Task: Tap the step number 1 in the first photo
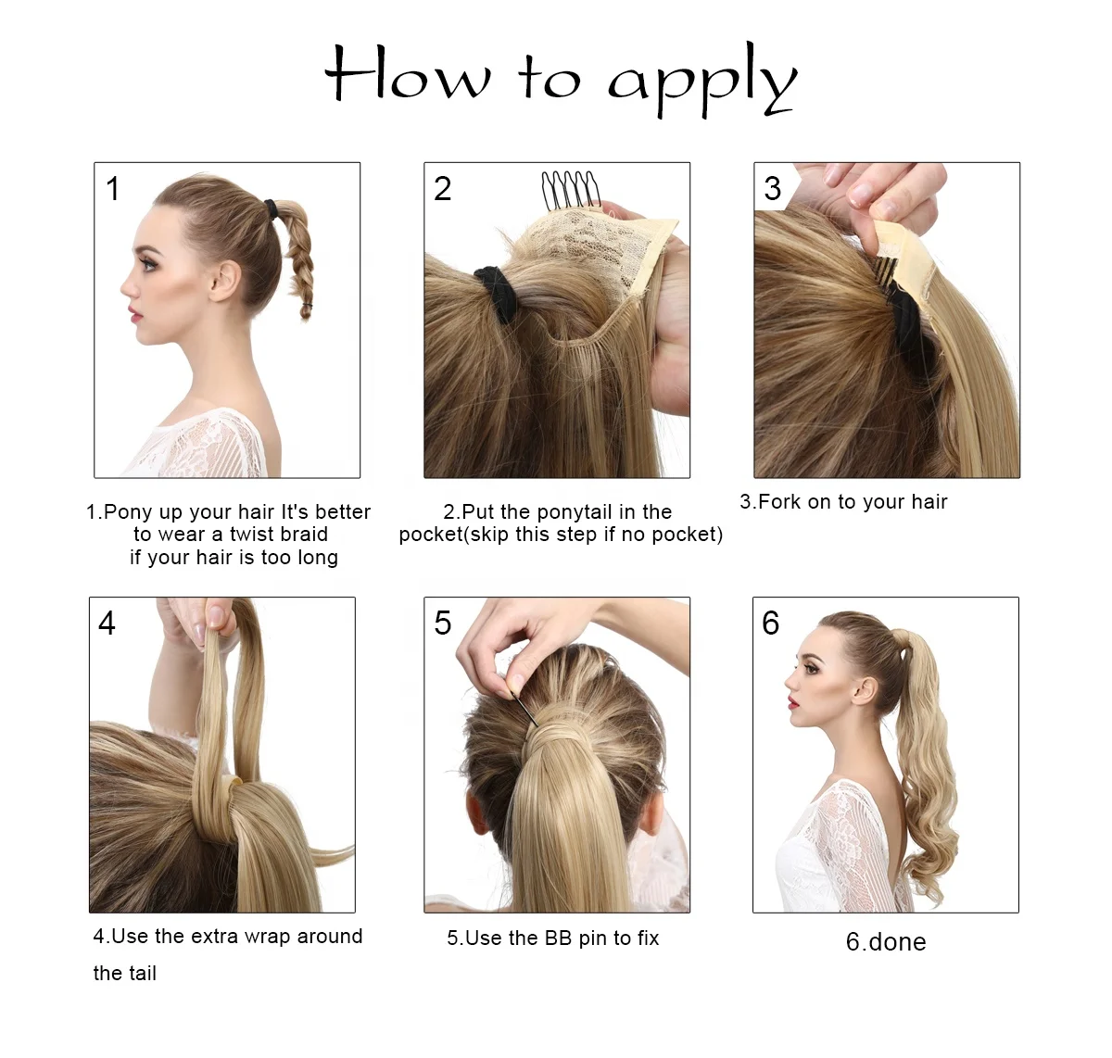(112, 188)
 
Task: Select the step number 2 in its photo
(442, 188)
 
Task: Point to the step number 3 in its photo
(772, 188)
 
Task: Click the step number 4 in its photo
(107, 623)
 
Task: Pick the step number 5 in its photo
(442, 623)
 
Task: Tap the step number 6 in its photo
(770, 623)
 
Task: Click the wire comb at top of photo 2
(570, 191)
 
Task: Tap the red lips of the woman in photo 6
(792, 702)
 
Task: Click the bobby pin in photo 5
(524, 709)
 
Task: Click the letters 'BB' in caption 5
(558, 938)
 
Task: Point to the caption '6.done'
(886, 942)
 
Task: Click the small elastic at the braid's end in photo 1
(308, 306)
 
